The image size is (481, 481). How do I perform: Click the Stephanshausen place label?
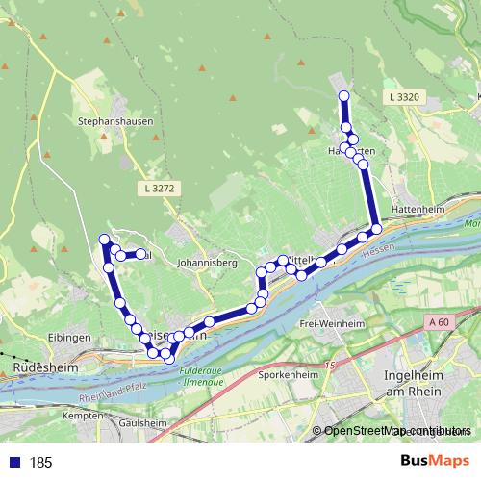[x=111, y=122]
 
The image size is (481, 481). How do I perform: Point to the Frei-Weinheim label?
[x=329, y=324]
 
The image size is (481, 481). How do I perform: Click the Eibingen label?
[x=68, y=338]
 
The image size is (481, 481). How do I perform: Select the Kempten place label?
[x=81, y=415]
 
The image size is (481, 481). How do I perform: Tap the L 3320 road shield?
[x=406, y=97]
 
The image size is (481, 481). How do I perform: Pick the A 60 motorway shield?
[x=441, y=321]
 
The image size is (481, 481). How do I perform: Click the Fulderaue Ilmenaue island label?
[x=203, y=374]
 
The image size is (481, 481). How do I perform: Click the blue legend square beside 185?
[x=13, y=463]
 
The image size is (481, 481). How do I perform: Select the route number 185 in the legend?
[x=40, y=463]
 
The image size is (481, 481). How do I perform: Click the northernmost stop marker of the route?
[x=343, y=94]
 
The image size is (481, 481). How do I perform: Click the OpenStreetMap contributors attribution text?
[x=397, y=431]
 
